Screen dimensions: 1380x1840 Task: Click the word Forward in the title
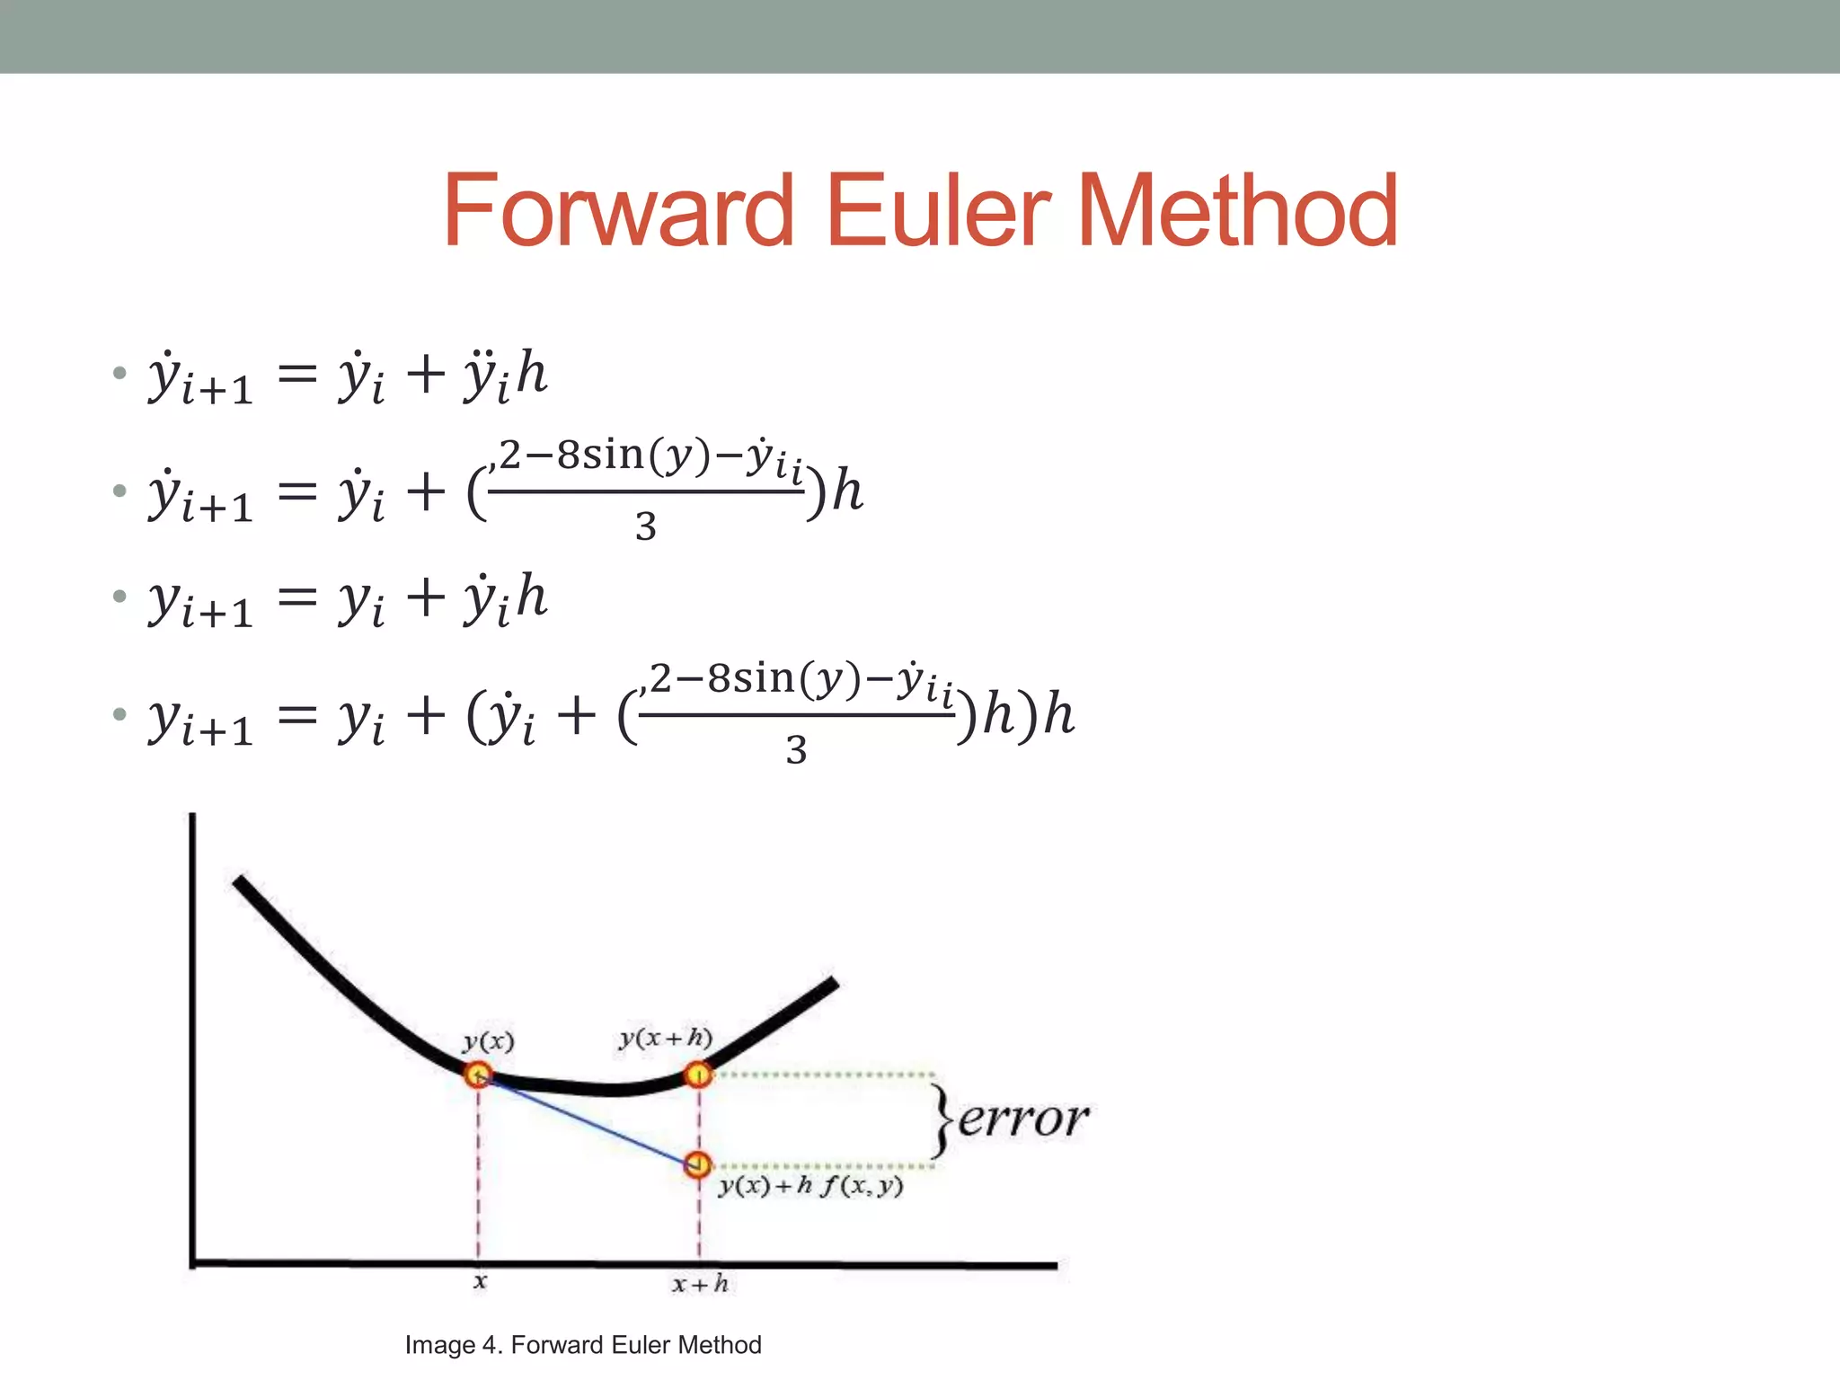coord(618,211)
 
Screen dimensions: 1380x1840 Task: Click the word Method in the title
coord(1236,211)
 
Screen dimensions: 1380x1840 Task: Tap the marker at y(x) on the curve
coord(477,1075)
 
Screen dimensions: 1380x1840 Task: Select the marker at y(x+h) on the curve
coord(698,1074)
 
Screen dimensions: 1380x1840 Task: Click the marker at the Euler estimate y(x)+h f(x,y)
coord(697,1165)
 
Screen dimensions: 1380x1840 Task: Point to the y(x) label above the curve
coord(488,1041)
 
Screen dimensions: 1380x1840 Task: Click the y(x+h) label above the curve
coord(665,1038)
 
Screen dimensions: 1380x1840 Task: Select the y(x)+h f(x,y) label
coord(810,1186)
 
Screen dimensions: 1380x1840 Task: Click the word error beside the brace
coord(1022,1119)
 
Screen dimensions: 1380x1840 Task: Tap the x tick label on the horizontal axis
coord(480,1281)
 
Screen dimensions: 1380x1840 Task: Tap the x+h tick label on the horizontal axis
coord(700,1284)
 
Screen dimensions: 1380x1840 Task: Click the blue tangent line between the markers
coord(588,1120)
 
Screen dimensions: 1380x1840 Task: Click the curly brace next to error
coord(941,1119)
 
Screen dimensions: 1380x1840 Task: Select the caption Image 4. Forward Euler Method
coord(582,1345)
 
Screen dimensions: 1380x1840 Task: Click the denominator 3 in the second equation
coord(645,526)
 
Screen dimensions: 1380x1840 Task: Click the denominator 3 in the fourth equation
coord(796,749)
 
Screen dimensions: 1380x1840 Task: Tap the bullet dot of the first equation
coord(119,373)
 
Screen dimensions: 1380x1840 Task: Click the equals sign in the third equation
coord(297,597)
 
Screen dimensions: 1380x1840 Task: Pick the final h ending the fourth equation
coord(1058,715)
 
